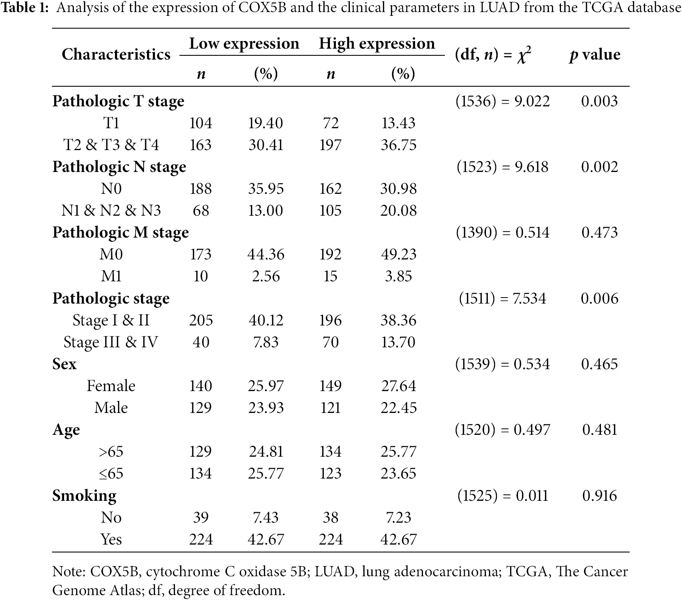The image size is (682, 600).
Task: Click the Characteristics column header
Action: point(116,54)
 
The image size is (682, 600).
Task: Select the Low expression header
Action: point(244,43)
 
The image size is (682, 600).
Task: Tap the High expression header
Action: point(377,43)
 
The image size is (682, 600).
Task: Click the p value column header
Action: point(595,55)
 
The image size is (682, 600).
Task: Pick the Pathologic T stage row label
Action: point(118,101)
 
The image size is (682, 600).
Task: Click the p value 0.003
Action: point(599,101)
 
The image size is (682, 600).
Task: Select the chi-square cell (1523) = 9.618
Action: point(503,167)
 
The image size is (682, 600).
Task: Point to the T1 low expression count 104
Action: point(201,123)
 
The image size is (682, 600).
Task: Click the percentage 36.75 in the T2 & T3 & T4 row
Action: point(398,145)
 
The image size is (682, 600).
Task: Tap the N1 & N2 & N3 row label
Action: point(111,210)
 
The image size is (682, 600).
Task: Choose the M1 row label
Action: point(111,276)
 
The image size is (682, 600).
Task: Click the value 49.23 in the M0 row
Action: point(398,254)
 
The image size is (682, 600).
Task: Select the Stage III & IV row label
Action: point(111,342)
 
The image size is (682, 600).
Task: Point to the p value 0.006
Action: point(599,298)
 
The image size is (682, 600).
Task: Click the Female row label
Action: point(111,386)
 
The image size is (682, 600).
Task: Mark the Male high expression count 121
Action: point(330,408)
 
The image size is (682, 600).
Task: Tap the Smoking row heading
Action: point(84,496)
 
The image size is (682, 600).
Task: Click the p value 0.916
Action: point(599,496)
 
